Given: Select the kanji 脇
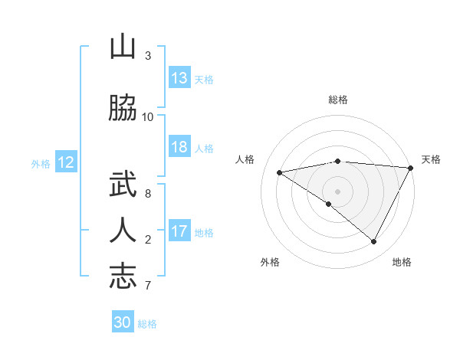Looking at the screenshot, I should (x=123, y=109).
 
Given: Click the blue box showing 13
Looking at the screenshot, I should (x=179, y=78).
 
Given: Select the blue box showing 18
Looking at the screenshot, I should (x=179, y=147).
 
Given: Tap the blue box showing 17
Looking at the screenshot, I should (x=179, y=231).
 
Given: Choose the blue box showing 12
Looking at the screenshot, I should (x=65, y=162).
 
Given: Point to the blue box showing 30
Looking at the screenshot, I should (x=123, y=322).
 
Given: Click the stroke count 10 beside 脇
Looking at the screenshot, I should (x=148, y=116).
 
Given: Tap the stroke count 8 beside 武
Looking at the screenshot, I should (x=148, y=193).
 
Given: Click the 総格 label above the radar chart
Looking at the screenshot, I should (x=338, y=100).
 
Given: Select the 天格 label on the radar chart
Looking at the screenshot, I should (x=431, y=159).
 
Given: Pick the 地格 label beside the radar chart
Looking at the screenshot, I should (x=402, y=262).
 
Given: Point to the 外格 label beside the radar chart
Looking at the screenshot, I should (x=270, y=262).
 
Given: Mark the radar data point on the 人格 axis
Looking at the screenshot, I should (x=280, y=172).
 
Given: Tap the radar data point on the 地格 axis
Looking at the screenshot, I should (x=374, y=241).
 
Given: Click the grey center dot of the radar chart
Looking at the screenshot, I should (x=338, y=191).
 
